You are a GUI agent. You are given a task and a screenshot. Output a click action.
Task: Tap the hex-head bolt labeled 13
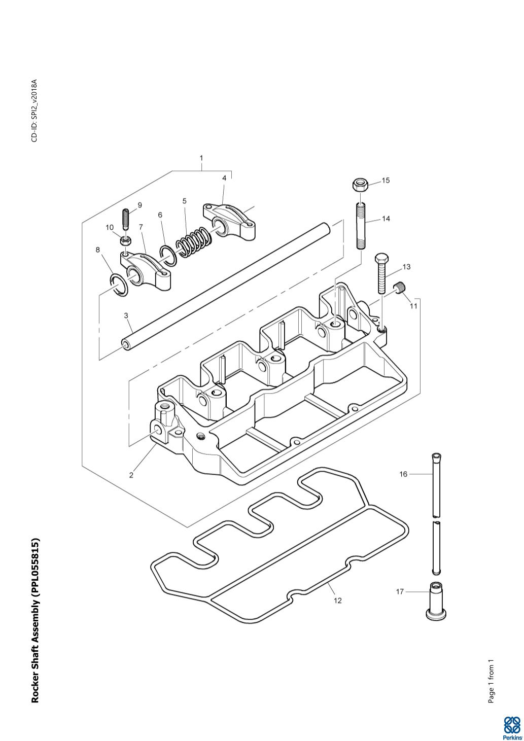pyautogui.click(x=382, y=274)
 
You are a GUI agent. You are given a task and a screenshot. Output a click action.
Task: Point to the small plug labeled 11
pyautogui.click(x=401, y=289)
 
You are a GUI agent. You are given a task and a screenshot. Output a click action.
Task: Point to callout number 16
pyautogui.click(x=403, y=474)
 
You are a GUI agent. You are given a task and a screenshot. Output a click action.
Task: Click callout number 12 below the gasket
pyautogui.click(x=337, y=601)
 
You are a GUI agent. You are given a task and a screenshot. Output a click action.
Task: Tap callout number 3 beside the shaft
pyautogui.click(x=126, y=315)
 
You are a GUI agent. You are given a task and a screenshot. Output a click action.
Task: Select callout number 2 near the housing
pyautogui.click(x=131, y=475)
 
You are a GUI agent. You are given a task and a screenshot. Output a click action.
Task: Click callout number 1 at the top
pyautogui.click(x=201, y=158)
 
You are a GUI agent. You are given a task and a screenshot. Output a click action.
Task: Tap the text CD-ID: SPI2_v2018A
pyautogui.click(x=34, y=111)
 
